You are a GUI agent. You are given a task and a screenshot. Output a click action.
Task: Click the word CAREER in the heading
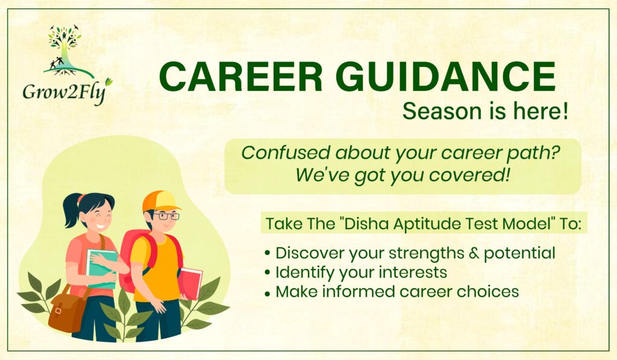[241, 77]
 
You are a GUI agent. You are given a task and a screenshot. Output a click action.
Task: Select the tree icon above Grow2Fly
[66, 51]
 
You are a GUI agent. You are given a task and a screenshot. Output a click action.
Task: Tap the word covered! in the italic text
[469, 175]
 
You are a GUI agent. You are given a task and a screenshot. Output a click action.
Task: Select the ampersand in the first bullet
[474, 253]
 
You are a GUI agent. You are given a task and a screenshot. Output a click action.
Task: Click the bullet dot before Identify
[268, 273]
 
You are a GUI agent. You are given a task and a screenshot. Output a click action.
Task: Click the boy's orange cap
[160, 201]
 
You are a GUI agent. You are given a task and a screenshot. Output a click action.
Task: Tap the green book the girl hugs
[102, 268]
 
